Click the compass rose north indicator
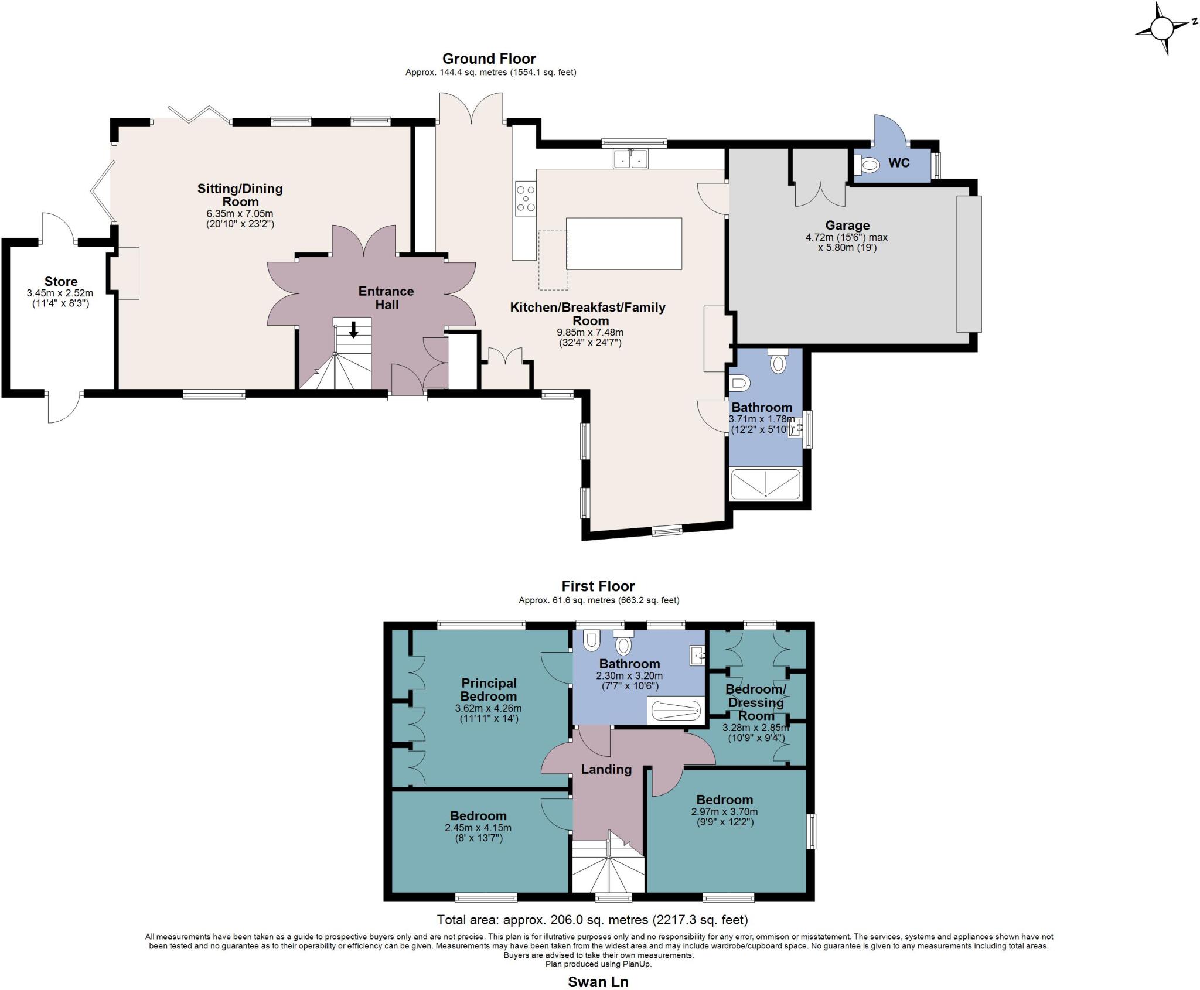click(1161, 28)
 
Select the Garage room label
click(847, 226)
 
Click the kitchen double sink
click(630, 159)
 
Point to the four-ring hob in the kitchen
click(525, 198)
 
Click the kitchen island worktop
click(624, 243)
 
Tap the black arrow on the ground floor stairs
click(353, 330)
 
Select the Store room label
click(61, 282)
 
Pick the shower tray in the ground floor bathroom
click(765, 484)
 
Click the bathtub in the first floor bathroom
click(675, 711)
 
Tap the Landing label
click(606, 769)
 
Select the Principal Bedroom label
click(489, 689)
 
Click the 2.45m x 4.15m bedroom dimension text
click(478, 828)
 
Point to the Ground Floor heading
click(489, 59)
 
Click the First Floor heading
click(598, 586)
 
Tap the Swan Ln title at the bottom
click(598, 982)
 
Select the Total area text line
click(592, 919)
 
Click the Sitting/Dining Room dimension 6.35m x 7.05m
click(240, 214)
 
